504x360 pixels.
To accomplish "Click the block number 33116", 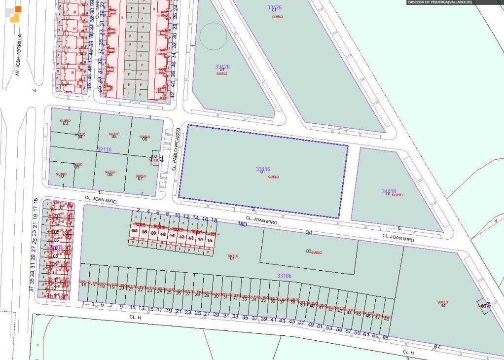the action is click(263, 169).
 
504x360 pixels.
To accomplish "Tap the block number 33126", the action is click(274, 7).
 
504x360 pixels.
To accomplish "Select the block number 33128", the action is click(222, 67).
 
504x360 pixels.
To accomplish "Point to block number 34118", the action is click(389, 191).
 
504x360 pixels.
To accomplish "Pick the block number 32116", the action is click(105, 149).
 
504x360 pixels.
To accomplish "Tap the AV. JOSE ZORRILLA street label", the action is click(19, 55).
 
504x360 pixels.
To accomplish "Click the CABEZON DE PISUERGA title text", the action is click(439, 2).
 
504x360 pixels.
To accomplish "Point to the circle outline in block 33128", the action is click(213, 36).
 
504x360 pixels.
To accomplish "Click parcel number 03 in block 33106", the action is click(309, 252).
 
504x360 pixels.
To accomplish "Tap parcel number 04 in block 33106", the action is click(442, 306).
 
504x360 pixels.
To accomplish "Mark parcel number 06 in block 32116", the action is click(144, 139).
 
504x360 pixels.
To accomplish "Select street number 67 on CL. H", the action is click(436, 346).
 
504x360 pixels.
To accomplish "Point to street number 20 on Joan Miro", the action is click(309, 233).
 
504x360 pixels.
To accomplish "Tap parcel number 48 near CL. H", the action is click(386, 319).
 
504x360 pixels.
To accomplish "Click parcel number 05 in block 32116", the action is click(114, 137).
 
